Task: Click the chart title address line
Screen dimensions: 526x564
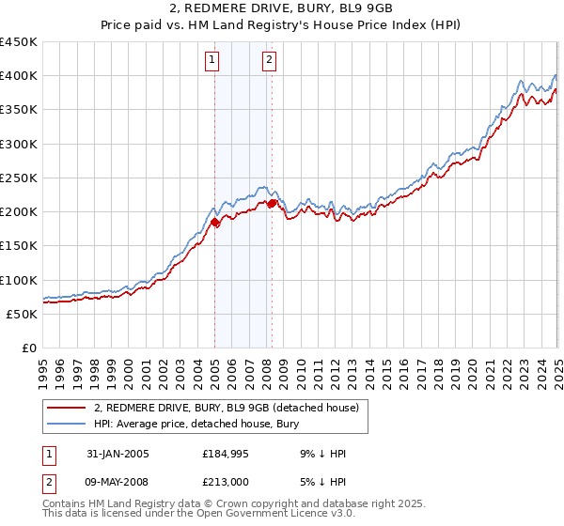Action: tap(281, 9)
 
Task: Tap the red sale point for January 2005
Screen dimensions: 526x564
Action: tap(214, 223)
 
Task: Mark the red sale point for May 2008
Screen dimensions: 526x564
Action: tap(272, 203)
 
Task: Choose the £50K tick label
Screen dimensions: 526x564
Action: tap(22, 314)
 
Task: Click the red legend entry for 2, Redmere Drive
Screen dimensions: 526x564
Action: tap(227, 408)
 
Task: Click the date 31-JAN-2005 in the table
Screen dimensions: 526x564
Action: tap(117, 454)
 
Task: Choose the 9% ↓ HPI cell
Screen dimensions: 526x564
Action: tap(321, 454)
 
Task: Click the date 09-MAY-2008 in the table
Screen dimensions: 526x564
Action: tap(117, 482)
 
